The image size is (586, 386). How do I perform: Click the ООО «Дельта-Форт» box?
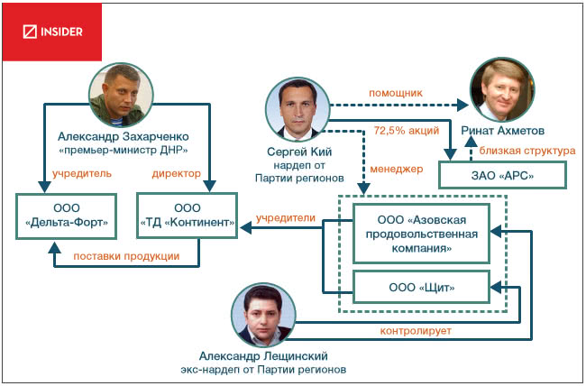(x=70, y=215)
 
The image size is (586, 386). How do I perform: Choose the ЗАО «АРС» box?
(x=502, y=174)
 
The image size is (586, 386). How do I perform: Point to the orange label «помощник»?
(x=393, y=92)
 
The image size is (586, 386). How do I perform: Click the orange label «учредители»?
(x=285, y=217)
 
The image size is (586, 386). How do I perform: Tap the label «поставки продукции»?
(x=124, y=256)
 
